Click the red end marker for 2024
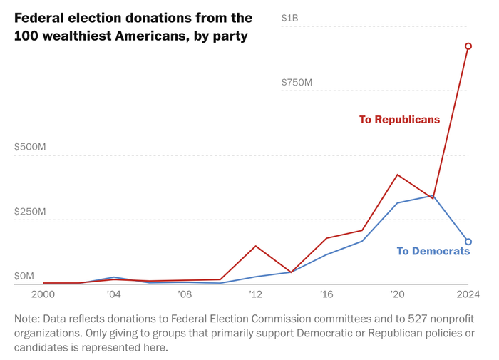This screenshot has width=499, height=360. click(468, 46)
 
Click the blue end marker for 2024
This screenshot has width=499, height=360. click(468, 242)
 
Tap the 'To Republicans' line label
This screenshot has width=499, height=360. click(399, 120)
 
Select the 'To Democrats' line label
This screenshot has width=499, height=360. click(433, 251)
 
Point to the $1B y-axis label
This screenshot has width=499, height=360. click(289, 18)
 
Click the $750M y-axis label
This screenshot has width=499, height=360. click(297, 83)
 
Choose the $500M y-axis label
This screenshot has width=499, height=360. click(30, 147)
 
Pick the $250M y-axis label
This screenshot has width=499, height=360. click(30, 212)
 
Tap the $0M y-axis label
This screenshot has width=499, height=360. click(24, 276)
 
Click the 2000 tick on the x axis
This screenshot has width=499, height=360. click(43, 294)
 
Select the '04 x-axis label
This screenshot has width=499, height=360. click(113, 294)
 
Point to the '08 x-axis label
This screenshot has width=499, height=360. click(184, 294)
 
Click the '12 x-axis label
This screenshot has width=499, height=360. click(255, 294)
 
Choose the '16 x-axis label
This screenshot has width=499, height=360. click(326, 294)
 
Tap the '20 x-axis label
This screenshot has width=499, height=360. click(397, 294)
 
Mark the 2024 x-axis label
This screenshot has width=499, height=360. click(468, 294)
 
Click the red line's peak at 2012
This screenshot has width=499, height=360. click(255, 246)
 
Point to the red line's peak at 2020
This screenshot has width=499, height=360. click(397, 175)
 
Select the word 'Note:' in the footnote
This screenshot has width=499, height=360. click(29, 319)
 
